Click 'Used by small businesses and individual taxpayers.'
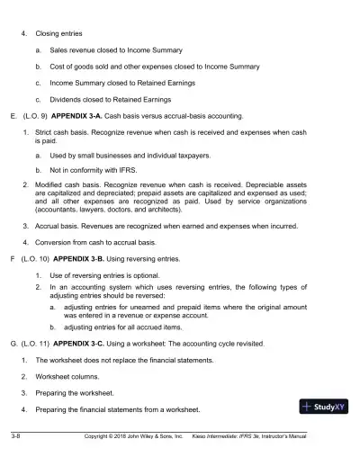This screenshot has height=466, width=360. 137,155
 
